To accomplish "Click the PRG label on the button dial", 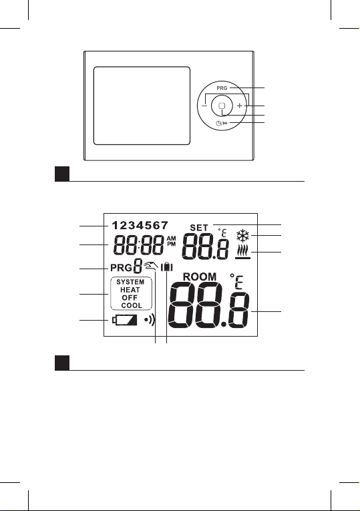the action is click(222, 88).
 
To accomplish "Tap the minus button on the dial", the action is click(204, 106).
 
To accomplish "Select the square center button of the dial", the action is click(222, 106).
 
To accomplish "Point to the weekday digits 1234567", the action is click(140, 225).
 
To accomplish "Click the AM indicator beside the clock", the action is click(171, 239).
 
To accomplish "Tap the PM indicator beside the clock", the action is click(171, 244).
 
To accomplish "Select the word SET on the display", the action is click(199, 228).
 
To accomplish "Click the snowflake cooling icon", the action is click(243, 235).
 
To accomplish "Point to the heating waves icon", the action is click(243, 252).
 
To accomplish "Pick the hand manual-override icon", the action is click(151, 267).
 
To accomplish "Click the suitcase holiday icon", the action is click(167, 267).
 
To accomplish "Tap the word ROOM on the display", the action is click(200, 277).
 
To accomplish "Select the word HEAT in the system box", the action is click(130, 290).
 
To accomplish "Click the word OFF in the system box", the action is click(130, 297).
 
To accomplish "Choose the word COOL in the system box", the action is click(132, 305).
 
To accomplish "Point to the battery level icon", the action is click(125, 320).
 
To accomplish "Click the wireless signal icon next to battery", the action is click(150, 321).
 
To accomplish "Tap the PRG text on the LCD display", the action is click(121, 269).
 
